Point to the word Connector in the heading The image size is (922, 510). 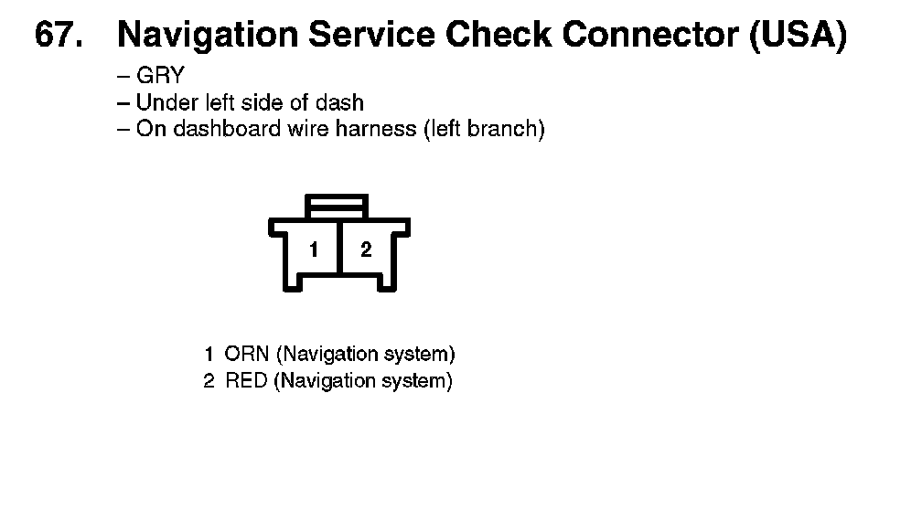coord(650,36)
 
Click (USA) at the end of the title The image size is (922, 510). coord(797,36)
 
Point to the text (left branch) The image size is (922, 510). coord(483,129)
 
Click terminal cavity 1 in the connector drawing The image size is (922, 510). coord(314,250)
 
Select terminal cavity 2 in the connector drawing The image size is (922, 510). coord(366,250)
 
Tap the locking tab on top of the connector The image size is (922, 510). coord(338,205)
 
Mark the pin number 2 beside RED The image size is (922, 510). coord(209,380)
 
